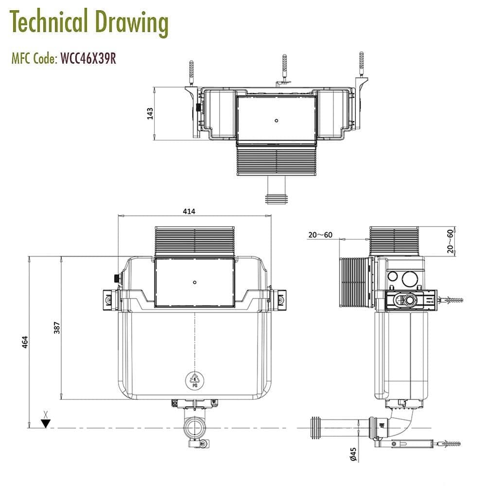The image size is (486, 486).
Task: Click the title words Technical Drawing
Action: point(89,22)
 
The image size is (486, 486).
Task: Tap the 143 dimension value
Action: point(150,113)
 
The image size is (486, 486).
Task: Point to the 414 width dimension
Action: point(189,211)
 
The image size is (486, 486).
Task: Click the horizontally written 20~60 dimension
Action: point(320,235)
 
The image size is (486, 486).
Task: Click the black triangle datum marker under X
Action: point(46,423)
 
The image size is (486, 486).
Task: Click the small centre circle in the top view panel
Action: point(276,120)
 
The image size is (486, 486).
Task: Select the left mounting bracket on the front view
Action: point(110,298)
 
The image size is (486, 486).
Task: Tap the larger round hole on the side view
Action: point(410,278)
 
